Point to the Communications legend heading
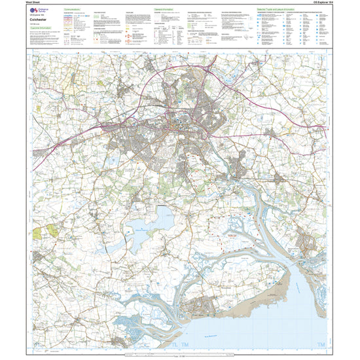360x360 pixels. tap(75, 10)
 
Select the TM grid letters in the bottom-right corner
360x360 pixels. tap(321, 344)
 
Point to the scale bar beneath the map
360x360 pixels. tap(177, 354)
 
